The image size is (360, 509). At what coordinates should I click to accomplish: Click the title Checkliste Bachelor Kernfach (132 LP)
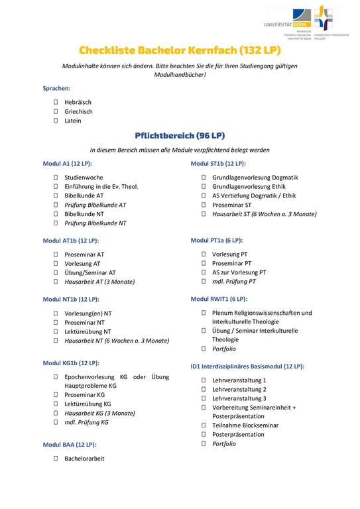[x=180, y=50]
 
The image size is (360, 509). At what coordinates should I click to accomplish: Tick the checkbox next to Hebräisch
[x=56, y=103]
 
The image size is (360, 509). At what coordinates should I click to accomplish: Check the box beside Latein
[x=56, y=121]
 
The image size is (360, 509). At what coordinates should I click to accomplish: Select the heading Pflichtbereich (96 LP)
[x=180, y=135]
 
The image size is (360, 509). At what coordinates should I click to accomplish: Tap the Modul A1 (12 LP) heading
[x=68, y=164]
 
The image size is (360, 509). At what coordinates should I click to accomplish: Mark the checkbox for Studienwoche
[x=56, y=178]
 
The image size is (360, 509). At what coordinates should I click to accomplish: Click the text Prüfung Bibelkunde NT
[x=95, y=223]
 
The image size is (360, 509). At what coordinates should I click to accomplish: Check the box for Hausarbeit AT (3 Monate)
[x=56, y=282]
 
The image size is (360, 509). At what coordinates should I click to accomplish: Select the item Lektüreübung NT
[x=88, y=331]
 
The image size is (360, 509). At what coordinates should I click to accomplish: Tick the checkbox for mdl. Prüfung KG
[x=56, y=422]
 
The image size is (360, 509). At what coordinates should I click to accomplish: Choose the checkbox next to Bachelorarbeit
[x=56, y=458]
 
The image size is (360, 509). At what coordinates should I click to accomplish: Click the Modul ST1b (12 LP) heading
[x=218, y=164]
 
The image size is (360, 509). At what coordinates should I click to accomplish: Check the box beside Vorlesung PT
[x=204, y=254]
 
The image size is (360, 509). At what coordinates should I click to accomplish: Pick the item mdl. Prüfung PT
[x=233, y=282]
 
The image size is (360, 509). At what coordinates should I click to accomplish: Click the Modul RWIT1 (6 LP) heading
[x=219, y=299]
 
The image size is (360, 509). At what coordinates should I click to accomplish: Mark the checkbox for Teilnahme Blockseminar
[x=204, y=425]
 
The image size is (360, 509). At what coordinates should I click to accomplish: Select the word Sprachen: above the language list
[x=57, y=88]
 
